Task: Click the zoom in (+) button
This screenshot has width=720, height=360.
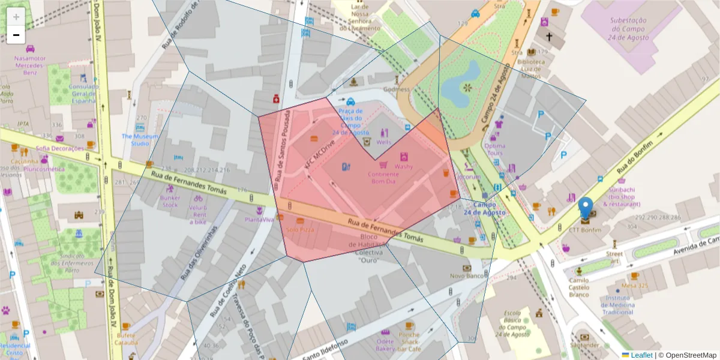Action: tap(16, 16)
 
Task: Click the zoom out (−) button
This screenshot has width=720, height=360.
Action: tap(16, 35)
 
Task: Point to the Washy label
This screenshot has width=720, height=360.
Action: tap(403, 166)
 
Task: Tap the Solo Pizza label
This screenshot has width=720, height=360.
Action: tap(300, 230)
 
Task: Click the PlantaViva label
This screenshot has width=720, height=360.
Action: tap(259, 220)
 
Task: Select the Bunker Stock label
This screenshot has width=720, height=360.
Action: tap(170, 201)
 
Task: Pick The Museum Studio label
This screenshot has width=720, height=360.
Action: tap(140, 140)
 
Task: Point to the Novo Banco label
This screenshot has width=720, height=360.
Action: tap(467, 276)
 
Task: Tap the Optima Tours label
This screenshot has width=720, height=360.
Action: tap(495, 149)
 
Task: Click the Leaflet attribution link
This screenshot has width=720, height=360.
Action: tap(641, 355)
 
